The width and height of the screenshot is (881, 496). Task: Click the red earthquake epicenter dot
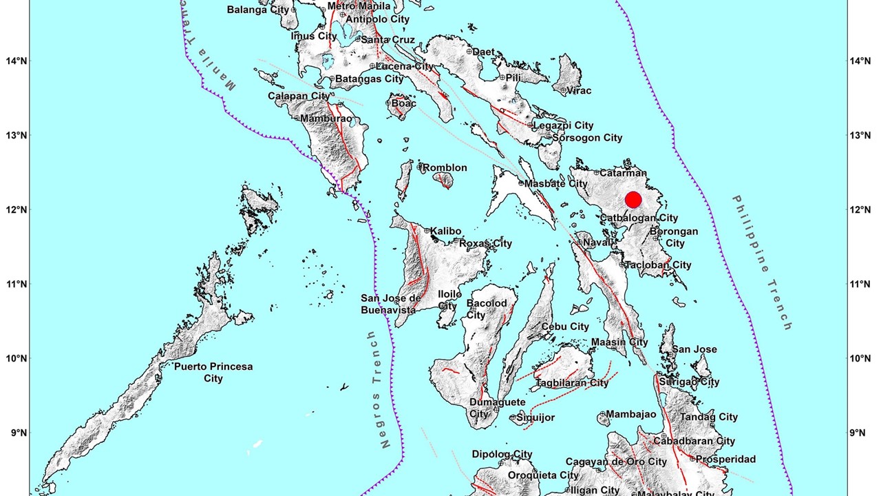(x=633, y=200)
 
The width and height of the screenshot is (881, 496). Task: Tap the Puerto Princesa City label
(x=213, y=373)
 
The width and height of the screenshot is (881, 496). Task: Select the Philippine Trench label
(x=762, y=262)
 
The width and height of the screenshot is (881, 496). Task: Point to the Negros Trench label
(x=376, y=389)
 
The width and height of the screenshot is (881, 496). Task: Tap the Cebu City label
(x=565, y=327)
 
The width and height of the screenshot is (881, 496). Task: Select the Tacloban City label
(x=659, y=265)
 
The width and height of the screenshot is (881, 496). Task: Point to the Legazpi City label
(x=564, y=125)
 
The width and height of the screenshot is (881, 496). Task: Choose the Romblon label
(x=445, y=167)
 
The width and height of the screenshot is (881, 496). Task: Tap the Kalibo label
(x=446, y=231)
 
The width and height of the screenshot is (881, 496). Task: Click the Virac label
(x=579, y=90)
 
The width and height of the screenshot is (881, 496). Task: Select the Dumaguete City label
(x=498, y=408)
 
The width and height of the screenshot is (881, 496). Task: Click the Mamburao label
(x=326, y=118)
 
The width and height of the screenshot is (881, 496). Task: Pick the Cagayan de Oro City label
(x=616, y=462)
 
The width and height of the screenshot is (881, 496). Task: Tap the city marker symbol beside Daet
(x=469, y=52)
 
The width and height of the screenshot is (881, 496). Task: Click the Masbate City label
(x=556, y=184)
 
